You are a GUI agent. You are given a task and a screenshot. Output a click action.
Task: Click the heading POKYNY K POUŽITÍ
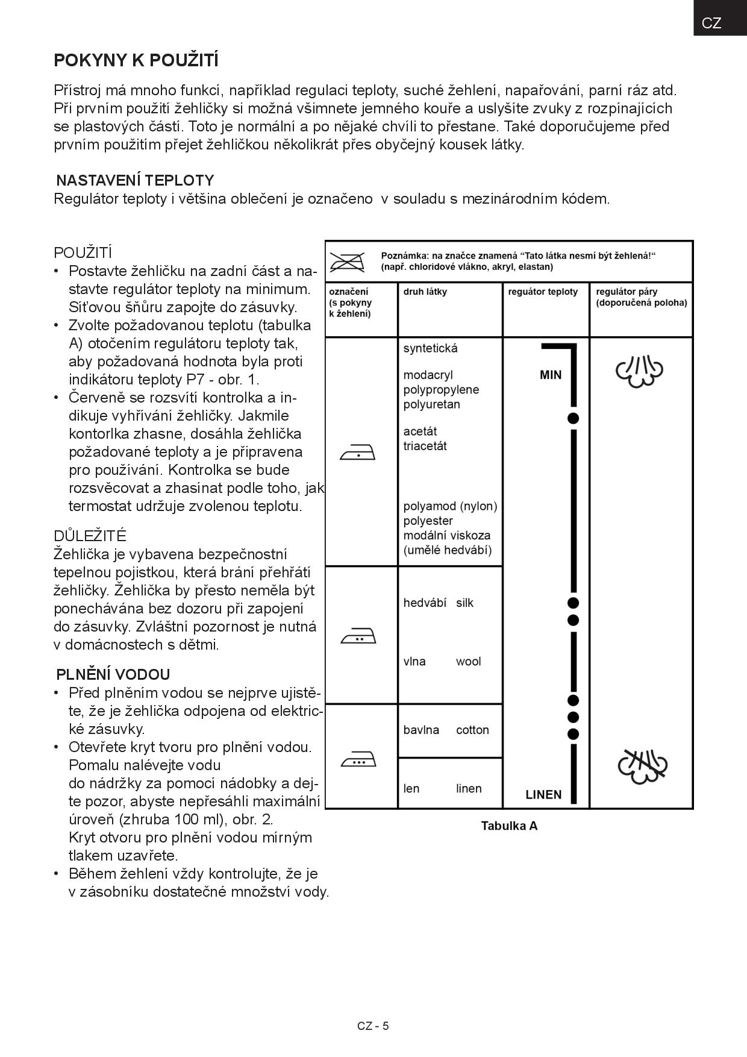click(136, 61)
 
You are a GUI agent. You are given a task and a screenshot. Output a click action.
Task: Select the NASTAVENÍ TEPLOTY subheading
click(135, 180)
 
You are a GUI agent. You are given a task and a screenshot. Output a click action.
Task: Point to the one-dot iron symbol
click(358, 452)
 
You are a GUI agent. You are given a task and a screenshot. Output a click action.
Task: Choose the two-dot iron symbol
click(358, 635)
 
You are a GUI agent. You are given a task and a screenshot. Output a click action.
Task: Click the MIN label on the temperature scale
click(551, 375)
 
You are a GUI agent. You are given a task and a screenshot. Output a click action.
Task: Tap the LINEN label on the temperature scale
click(543, 794)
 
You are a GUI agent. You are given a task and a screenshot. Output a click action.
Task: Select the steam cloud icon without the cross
click(639, 371)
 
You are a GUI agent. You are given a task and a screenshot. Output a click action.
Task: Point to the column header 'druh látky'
click(425, 292)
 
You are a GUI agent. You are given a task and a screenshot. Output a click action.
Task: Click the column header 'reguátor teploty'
click(543, 292)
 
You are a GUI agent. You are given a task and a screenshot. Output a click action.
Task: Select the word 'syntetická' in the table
click(430, 348)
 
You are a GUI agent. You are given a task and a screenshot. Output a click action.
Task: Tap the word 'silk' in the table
click(464, 603)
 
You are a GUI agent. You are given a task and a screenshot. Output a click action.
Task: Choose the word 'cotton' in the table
click(472, 730)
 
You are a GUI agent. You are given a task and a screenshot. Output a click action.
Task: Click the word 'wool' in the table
click(468, 661)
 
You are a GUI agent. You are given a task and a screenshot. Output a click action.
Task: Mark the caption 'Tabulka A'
click(509, 826)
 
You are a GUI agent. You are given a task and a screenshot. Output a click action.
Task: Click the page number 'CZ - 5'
click(373, 1026)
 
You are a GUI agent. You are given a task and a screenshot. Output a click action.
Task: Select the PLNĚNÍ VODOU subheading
click(113, 674)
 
